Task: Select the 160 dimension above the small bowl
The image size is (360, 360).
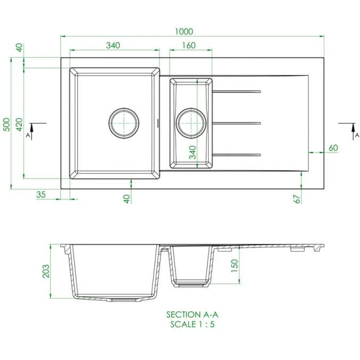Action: point(188,46)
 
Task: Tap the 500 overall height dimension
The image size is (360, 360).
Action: point(7,123)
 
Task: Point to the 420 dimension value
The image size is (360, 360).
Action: point(19,124)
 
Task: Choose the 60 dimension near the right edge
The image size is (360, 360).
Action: point(334,148)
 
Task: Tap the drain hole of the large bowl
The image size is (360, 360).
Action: point(124,122)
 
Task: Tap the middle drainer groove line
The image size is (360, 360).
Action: point(236,123)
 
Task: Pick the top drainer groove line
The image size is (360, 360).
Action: point(236,92)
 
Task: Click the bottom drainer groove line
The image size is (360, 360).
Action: point(236,155)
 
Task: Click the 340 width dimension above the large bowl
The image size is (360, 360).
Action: point(112,46)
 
